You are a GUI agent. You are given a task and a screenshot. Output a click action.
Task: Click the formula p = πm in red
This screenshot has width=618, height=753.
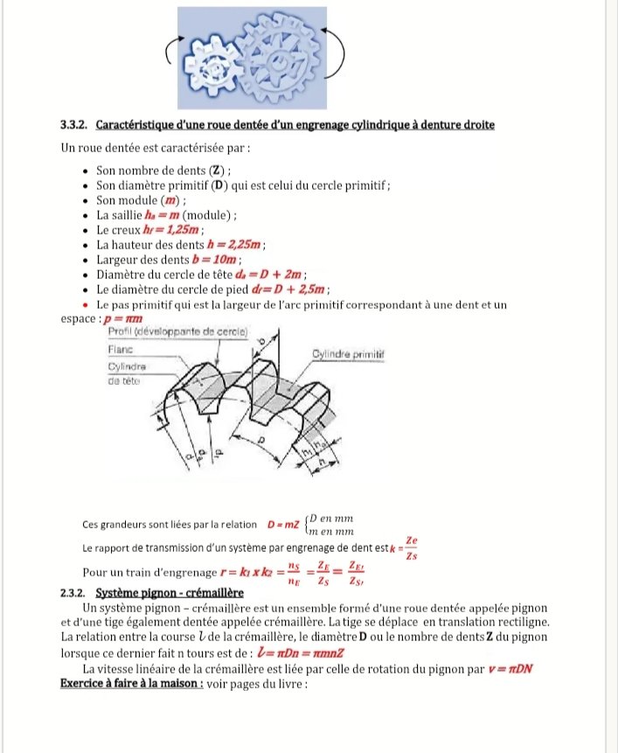tap(123, 320)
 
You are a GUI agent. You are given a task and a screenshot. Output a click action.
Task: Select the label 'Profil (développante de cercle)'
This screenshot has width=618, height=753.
tap(177, 333)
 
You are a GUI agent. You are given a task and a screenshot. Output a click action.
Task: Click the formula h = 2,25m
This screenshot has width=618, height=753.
tap(235, 245)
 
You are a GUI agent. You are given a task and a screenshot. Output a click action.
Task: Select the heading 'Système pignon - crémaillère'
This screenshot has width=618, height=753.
tap(158, 593)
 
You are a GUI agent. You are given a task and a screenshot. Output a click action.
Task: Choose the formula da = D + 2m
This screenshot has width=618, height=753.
tap(254, 275)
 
